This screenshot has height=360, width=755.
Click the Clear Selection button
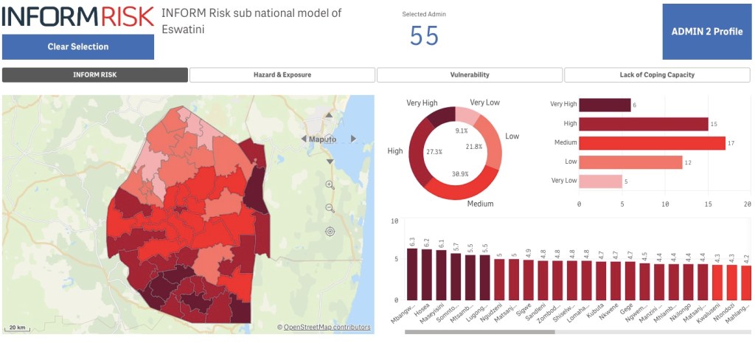[78, 46]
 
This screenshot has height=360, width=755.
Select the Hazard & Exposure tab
[282, 75]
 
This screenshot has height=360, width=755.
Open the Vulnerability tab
[470, 75]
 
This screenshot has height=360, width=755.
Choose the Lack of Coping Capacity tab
[657, 75]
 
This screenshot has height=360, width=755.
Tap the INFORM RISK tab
[95, 75]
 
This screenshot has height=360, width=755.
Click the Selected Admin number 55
[424, 35]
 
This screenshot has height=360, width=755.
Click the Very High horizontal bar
[605, 105]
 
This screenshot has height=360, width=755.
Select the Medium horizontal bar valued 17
[652, 142]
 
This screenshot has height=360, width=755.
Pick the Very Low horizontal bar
[600, 181]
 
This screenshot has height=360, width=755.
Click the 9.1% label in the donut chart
[461, 131]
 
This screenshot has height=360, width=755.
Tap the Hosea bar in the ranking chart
[427, 274]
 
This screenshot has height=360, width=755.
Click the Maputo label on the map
[322, 139]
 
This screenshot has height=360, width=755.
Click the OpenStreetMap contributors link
[327, 328]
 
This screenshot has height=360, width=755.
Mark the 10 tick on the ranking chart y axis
[395, 221]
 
